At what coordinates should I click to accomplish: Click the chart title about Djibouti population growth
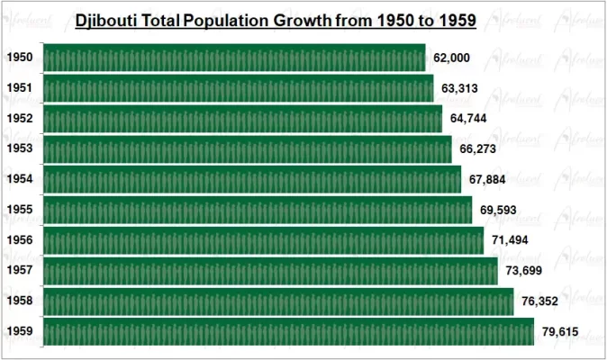276,19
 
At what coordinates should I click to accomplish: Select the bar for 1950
233,58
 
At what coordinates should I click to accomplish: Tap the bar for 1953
247,149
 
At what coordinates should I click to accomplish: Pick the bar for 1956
263,240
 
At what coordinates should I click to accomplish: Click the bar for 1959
288,331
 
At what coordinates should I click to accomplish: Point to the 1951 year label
20,88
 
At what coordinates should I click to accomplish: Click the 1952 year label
20,119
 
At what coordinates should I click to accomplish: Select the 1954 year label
20,179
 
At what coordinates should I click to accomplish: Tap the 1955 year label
20,210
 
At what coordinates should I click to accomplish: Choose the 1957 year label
20,270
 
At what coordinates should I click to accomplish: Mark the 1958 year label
20,301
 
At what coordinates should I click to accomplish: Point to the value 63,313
460,88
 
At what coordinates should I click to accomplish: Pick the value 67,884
487,179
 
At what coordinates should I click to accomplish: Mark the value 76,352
539,301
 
